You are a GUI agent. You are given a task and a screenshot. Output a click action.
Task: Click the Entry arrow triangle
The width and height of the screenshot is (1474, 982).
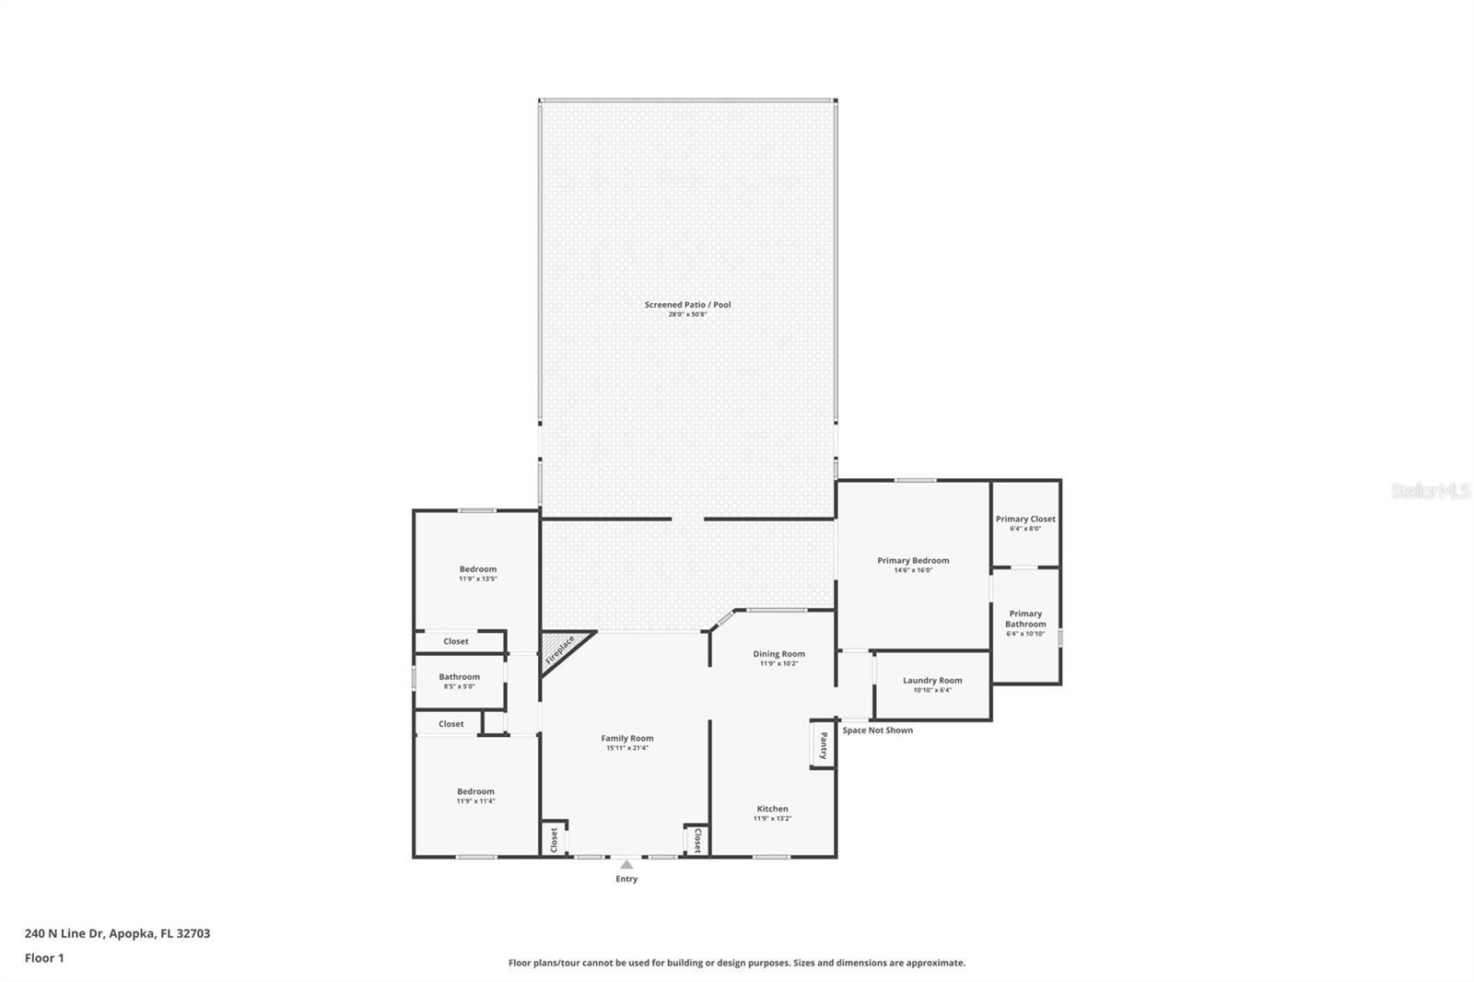coord(626,864)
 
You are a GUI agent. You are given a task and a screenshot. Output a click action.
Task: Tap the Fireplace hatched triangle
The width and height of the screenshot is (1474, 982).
coord(559,649)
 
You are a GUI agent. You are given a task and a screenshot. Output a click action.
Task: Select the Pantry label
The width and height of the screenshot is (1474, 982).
coord(823,744)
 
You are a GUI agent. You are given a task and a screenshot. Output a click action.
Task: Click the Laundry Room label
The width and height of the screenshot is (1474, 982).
coord(932,681)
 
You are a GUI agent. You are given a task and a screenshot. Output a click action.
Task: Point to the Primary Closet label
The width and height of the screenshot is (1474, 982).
coord(1025,519)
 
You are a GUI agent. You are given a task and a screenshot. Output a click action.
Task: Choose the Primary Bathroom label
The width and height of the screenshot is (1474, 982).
coord(1025,618)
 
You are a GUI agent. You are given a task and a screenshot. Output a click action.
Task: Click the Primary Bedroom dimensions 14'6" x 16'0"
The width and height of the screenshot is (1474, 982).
coord(913,570)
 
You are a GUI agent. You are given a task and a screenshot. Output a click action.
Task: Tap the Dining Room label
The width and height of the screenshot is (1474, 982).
coord(778,654)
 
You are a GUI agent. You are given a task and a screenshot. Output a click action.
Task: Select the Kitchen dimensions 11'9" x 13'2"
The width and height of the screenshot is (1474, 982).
coord(772,818)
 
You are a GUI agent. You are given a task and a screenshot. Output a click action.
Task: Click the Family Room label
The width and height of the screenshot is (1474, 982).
coord(627,738)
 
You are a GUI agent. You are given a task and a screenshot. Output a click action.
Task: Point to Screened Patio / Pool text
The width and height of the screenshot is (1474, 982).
coord(687,305)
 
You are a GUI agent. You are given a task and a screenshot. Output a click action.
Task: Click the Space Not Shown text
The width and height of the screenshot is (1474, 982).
coord(877,731)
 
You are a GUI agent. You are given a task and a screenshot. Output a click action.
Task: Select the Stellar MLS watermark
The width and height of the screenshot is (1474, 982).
coord(1430,492)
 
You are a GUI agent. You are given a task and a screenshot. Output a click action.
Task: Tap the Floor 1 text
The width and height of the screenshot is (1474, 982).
coord(44,958)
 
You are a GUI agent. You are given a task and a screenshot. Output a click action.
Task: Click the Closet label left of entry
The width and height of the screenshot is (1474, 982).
coord(554,839)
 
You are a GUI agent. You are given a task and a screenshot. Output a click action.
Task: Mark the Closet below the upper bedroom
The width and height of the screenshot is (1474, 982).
coord(456,641)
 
